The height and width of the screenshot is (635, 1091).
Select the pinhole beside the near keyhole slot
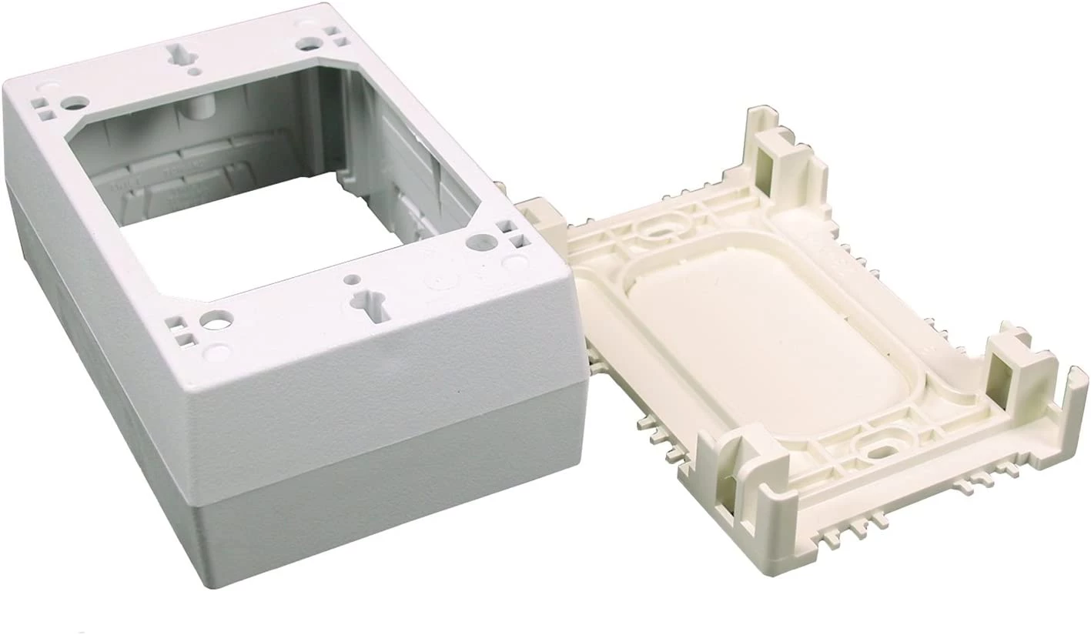352,279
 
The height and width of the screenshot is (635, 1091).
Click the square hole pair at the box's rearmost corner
332,35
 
